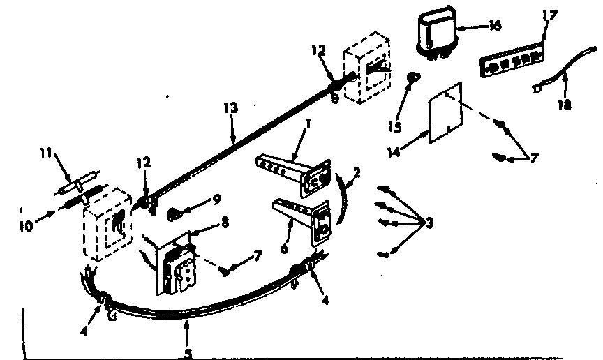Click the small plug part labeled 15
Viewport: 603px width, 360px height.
[413, 76]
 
